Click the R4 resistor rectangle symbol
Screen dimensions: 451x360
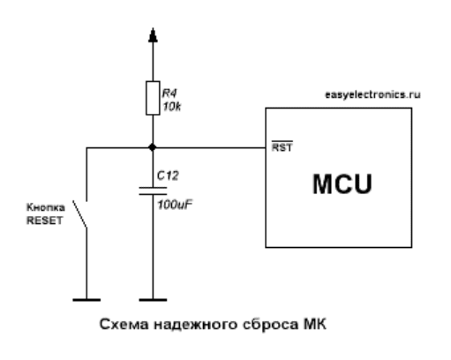(x=153, y=98)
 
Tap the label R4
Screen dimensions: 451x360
(x=169, y=94)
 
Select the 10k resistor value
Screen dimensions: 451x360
(x=172, y=107)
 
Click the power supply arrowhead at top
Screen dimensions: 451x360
(x=153, y=35)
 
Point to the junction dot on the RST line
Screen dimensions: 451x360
(x=153, y=147)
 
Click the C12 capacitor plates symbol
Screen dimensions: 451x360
(x=153, y=191)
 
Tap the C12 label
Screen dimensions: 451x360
(x=168, y=176)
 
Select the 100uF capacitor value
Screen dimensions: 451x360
(x=175, y=205)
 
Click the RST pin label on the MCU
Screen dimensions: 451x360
(x=282, y=146)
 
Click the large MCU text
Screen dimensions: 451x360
(x=342, y=184)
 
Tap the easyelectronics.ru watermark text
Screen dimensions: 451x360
(x=372, y=94)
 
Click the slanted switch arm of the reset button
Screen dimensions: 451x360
(x=79, y=214)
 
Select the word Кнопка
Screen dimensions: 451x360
(x=46, y=207)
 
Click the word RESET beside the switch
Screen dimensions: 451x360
(x=45, y=221)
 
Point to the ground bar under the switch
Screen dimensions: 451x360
(x=86, y=300)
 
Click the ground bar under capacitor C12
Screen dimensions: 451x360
(x=153, y=300)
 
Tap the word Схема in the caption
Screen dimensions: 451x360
(x=124, y=325)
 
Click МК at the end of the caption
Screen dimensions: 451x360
(x=315, y=324)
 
